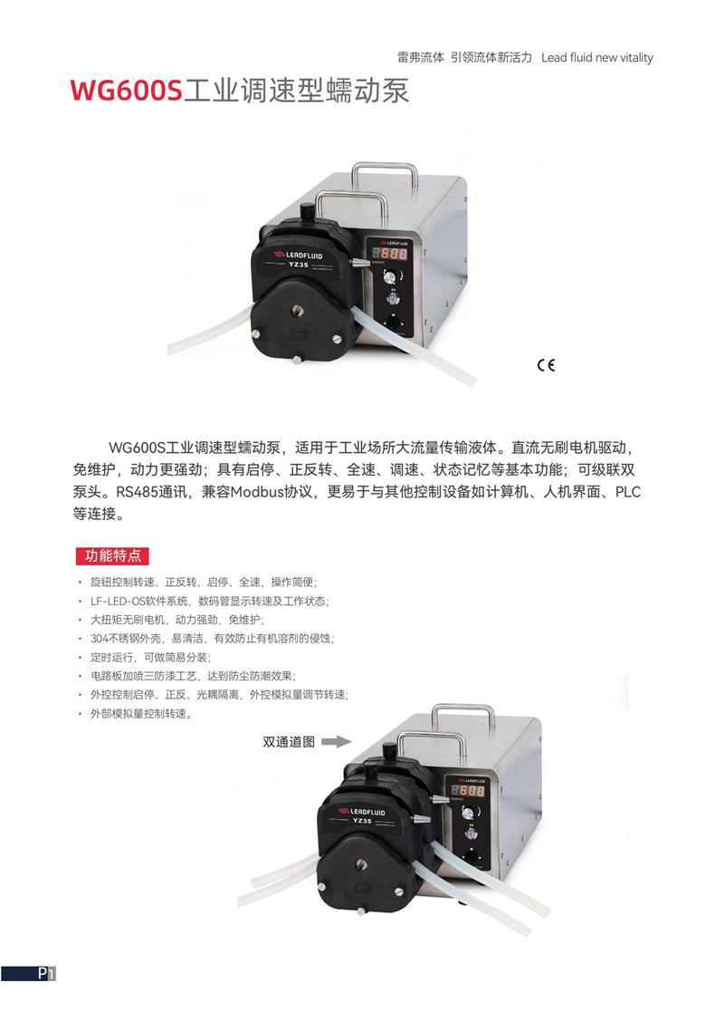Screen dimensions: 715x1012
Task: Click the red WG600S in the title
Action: [x=127, y=91]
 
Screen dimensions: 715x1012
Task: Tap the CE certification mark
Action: [x=546, y=365]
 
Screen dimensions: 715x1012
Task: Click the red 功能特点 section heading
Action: [x=113, y=555]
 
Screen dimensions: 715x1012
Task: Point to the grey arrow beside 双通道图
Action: [x=336, y=742]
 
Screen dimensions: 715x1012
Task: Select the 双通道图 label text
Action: [x=289, y=742]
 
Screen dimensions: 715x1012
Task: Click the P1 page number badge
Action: [x=47, y=973]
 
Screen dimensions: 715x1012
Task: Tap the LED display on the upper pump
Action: [x=389, y=254]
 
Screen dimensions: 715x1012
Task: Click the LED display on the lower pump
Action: [x=468, y=791]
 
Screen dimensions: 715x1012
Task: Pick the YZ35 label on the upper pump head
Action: [x=298, y=265]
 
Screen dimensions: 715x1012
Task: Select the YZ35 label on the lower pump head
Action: [x=362, y=821]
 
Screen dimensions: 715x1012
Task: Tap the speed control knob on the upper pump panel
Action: [x=389, y=277]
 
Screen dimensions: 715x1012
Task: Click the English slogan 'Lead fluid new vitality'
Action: [x=597, y=57]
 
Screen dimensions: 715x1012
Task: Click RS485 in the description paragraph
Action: [x=137, y=492]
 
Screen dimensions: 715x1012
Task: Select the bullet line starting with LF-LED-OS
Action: [x=210, y=601]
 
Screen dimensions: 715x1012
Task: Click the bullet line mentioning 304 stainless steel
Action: [x=212, y=639]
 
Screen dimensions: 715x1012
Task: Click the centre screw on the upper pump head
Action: [x=296, y=312]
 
